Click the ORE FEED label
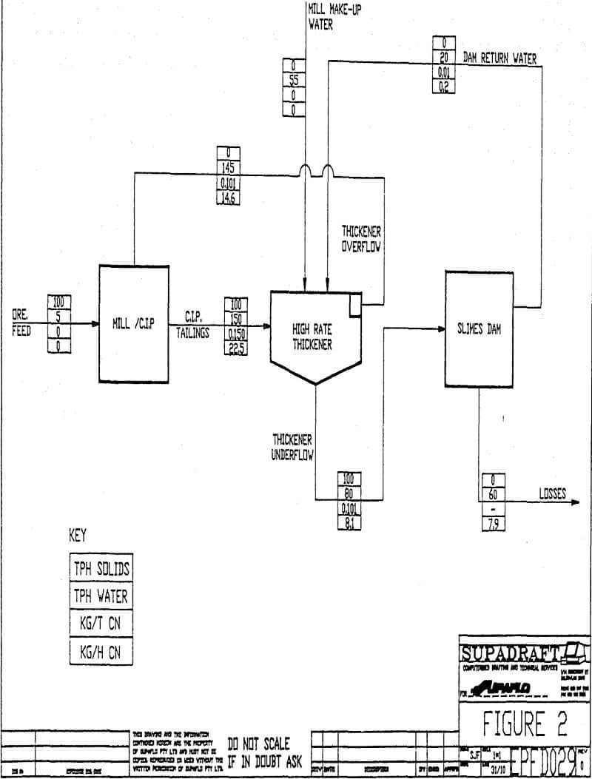(x=21, y=323)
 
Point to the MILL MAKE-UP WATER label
(x=334, y=16)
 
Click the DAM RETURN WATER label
(x=499, y=59)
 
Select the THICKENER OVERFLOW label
(x=361, y=239)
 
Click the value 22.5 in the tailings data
(x=235, y=349)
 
